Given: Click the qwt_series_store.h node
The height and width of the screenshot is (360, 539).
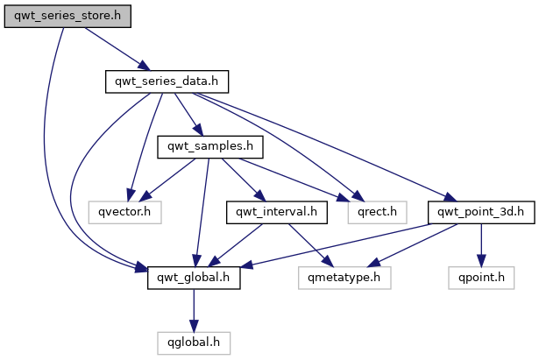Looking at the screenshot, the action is tap(67, 16).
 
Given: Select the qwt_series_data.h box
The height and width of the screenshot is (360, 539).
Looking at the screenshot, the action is tap(167, 81).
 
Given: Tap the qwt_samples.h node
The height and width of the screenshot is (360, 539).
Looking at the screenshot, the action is tap(210, 147).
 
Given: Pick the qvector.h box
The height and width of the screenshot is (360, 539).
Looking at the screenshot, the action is tap(124, 212).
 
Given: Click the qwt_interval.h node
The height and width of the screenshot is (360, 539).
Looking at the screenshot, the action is tap(277, 212).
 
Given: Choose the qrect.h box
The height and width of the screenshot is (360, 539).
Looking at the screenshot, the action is tap(377, 212).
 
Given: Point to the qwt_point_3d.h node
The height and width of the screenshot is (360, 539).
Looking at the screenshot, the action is tap(481, 212).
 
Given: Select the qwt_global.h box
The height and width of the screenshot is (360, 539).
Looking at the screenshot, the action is tap(194, 278).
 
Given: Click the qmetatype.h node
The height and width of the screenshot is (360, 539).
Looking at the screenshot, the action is tap(344, 278).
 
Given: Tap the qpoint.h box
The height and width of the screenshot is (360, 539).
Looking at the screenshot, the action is tap(481, 278).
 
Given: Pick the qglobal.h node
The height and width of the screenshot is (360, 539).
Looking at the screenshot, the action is tap(194, 342).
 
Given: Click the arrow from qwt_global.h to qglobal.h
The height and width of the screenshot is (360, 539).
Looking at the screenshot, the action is tap(194, 311).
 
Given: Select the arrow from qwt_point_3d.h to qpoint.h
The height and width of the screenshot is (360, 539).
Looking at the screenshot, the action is tap(481, 245).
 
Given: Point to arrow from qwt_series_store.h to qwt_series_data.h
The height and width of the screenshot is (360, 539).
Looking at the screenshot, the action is tap(117, 49).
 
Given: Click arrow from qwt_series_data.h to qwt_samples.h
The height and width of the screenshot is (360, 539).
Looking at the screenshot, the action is tap(189, 115).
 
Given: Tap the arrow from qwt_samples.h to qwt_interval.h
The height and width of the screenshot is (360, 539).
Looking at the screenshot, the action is tap(244, 180).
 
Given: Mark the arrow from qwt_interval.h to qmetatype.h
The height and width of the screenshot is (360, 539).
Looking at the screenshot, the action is tap(311, 245).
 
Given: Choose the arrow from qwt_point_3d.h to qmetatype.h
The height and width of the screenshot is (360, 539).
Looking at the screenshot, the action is tap(413, 245).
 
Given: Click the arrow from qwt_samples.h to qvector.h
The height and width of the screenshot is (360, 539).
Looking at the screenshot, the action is tap(167, 180).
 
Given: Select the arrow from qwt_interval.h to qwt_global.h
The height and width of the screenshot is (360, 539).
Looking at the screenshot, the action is tap(236, 245).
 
